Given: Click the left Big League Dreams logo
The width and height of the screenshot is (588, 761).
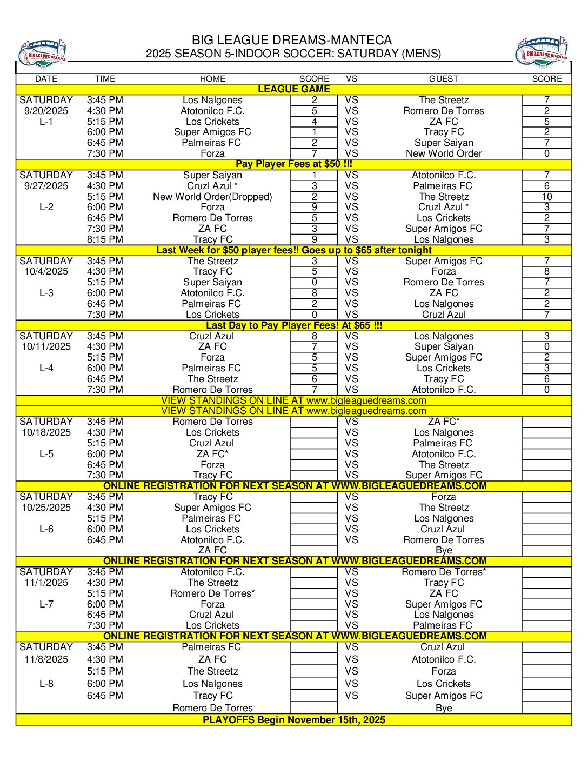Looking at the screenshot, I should pos(43,54).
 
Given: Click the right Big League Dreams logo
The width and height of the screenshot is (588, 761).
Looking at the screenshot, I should pos(542,53).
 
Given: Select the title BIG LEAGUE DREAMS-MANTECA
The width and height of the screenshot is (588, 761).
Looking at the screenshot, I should pos(292,40).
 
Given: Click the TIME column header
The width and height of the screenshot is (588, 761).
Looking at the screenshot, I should pos(105,79).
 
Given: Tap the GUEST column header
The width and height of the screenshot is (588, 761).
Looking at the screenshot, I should pos(444,79).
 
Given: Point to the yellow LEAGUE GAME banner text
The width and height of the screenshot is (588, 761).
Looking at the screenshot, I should pos(293,89).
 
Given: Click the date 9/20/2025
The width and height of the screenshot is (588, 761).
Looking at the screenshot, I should pos(46,111).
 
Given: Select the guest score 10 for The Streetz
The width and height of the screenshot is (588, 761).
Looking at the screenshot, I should pos(546,197).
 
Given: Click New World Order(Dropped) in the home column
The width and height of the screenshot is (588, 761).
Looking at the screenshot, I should pos(212,197).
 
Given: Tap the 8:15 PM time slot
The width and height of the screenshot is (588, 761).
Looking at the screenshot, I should pos(105,239).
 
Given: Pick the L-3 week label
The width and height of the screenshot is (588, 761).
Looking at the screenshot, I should pos(46,293).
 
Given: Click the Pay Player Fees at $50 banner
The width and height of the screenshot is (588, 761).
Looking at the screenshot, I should pos(293,164).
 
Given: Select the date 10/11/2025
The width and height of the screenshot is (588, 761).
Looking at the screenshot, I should pos(46,346).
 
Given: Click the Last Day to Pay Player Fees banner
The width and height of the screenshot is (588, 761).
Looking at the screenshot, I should pos(293,325).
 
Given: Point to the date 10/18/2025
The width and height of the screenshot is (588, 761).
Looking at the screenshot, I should pos(46,432).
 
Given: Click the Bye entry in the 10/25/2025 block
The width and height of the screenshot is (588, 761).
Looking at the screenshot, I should pos(444,550).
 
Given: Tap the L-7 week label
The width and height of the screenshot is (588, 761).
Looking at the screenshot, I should pos(46,604).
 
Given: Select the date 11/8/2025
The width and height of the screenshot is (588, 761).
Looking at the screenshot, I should pos(46,659).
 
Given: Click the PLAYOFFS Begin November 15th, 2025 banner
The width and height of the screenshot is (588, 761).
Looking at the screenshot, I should pos(293,720).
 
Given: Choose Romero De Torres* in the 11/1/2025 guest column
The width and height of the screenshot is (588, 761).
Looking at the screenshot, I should pos(444,572).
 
